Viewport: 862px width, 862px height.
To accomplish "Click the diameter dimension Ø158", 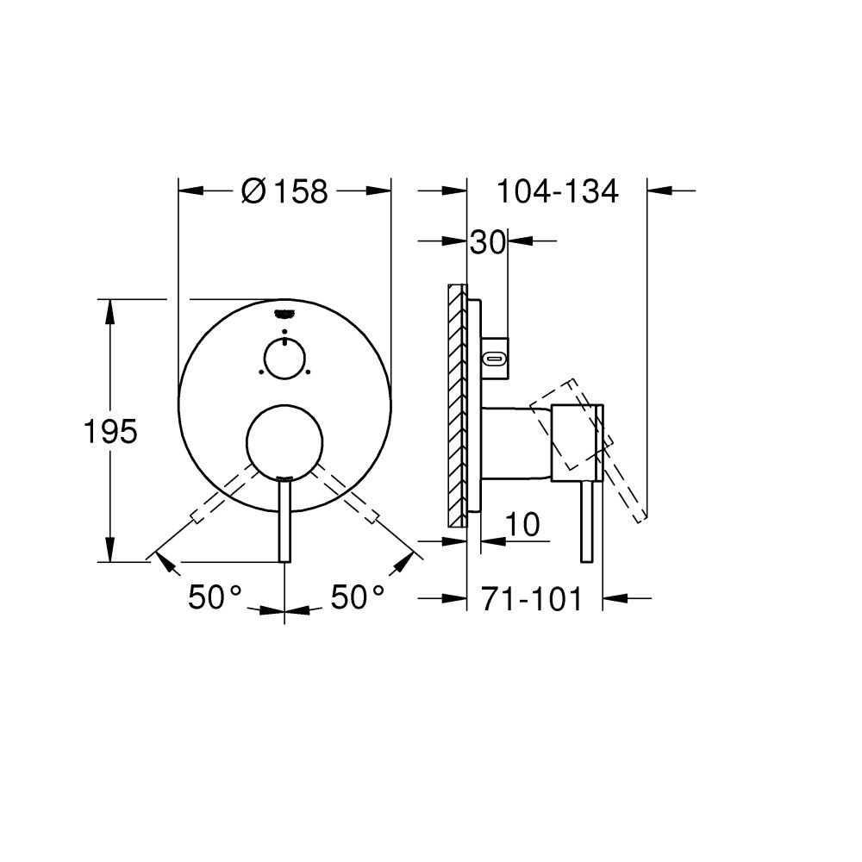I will point(284,191).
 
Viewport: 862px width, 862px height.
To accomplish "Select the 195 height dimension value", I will point(110,431).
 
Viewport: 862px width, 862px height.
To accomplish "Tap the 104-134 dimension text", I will point(557,191).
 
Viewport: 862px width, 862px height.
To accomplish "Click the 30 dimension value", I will point(486,242).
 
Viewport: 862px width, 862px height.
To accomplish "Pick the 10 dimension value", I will point(523,524).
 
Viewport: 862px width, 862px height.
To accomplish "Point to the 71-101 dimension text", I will point(532,597).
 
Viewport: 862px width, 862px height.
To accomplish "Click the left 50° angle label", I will point(215,597).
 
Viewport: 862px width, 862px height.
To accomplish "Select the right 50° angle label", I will point(359,597).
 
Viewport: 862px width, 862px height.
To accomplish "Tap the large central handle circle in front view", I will point(284,440).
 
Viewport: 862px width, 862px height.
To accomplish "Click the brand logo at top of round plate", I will point(284,314).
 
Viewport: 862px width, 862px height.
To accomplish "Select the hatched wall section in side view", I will point(455,405).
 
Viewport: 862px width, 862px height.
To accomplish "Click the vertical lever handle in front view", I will point(284,522).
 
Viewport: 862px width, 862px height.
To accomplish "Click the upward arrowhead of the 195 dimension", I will point(110,309).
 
